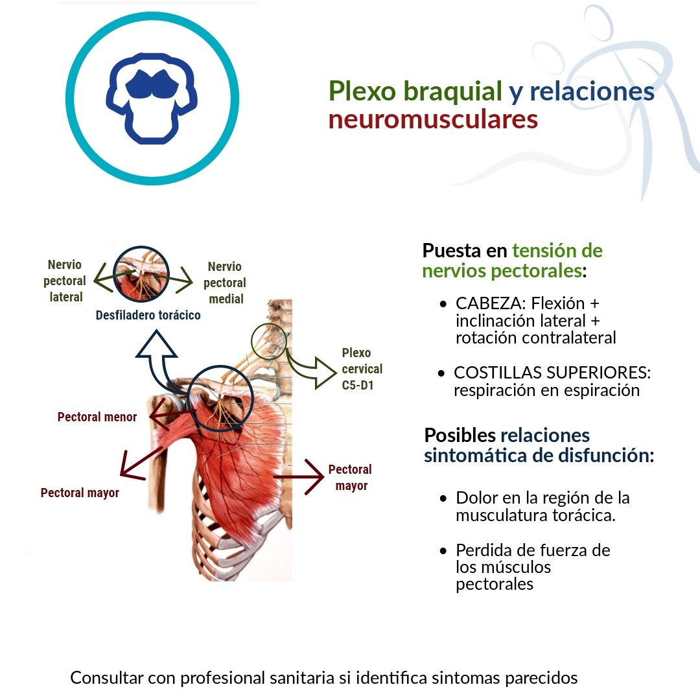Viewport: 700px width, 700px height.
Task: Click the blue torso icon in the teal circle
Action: point(152,99)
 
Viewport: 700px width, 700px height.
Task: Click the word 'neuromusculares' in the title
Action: point(433,120)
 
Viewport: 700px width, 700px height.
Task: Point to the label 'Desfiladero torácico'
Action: point(148,316)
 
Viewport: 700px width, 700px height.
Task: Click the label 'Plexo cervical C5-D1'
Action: point(362,369)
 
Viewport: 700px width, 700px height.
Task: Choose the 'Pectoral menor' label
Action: point(97,417)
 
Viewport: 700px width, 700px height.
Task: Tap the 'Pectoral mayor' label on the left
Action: point(80,493)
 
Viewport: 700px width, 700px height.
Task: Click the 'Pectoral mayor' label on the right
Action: point(350,478)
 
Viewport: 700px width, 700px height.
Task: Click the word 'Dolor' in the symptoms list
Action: point(477,498)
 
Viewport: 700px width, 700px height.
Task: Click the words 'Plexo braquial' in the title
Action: point(415,91)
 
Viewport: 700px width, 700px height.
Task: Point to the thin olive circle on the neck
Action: point(268,342)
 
